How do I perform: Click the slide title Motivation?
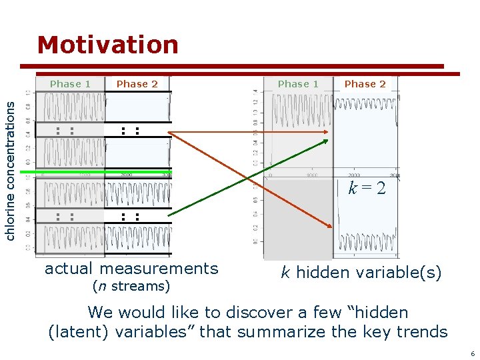(x=108, y=45)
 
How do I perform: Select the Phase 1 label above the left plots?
(x=70, y=84)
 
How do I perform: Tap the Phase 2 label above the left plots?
(x=137, y=84)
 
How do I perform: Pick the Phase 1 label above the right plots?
(x=298, y=84)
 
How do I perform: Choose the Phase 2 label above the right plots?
(x=365, y=84)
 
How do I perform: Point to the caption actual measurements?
(x=131, y=269)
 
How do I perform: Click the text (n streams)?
(x=131, y=287)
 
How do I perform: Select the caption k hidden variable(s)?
(x=361, y=272)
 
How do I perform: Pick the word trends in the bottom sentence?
(x=423, y=331)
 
